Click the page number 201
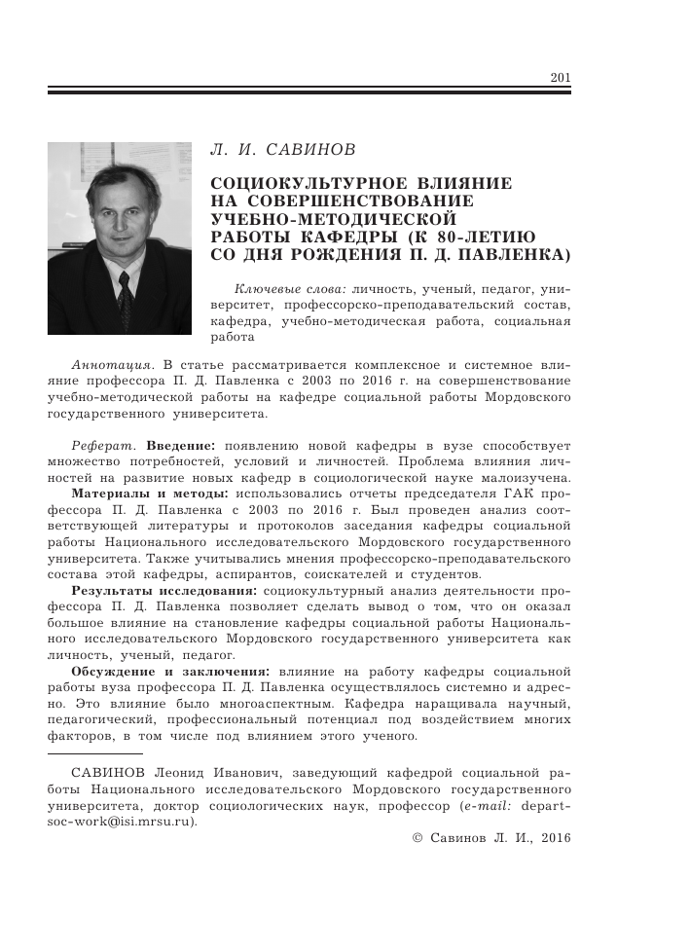pos(561,79)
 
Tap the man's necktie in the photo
pos(125,291)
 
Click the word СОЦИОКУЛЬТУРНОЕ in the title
pos(298,184)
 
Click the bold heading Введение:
pos(187,445)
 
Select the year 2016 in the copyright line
pos(556,836)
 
